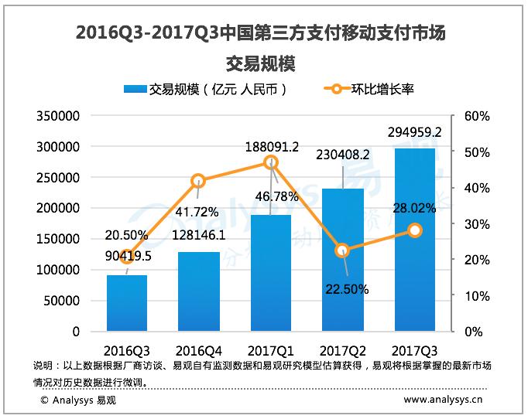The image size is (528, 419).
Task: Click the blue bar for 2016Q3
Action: tap(127, 303)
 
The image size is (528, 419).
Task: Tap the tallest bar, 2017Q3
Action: tap(415, 240)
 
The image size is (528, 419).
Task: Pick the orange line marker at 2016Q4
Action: tap(199, 181)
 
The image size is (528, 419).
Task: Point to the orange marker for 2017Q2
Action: tap(343, 250)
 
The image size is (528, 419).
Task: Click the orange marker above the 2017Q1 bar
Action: tap(271, 162)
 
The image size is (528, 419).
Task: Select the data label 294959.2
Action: tap(415, 132)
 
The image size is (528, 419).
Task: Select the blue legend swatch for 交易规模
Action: tap(134, 89)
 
